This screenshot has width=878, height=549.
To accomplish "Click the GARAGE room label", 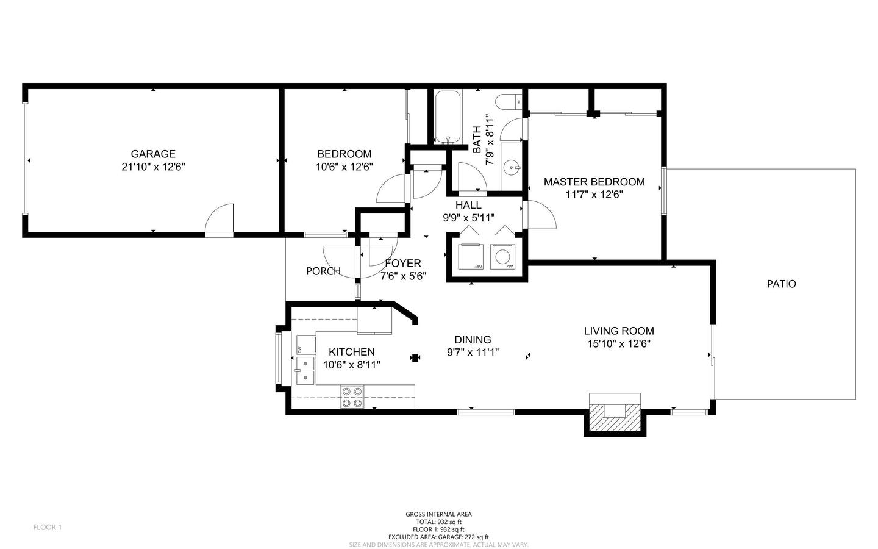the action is click(153, 154).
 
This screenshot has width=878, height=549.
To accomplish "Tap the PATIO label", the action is click(781, 284).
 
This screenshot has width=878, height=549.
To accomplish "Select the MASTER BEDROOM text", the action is click(594, 182).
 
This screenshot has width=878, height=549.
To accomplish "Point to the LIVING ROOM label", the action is click(619, 331).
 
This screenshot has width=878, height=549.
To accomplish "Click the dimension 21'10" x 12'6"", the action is click(153, 167).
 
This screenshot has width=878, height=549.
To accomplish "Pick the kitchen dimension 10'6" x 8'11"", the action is click(352, 365).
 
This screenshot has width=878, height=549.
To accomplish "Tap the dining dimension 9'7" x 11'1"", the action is click(473, 352).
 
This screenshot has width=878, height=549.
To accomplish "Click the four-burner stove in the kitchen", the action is click(352, 397).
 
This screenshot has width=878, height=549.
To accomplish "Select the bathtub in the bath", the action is click(448, 117).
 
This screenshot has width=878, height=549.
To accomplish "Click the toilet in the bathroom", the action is click(509, 102).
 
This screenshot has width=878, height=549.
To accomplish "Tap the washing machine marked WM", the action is click(502, 257).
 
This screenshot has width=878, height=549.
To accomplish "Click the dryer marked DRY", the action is click(470, 256).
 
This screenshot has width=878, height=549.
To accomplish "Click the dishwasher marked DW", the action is click(305, 345).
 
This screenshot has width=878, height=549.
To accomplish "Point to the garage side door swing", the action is click(219, 218).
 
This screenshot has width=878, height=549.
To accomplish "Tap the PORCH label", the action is click(323, 271).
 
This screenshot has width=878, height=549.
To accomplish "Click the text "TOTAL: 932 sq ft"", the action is click(438, 522).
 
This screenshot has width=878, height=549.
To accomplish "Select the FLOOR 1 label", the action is click(48, 528).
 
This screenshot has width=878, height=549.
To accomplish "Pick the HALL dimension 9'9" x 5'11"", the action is click(469, 218).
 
